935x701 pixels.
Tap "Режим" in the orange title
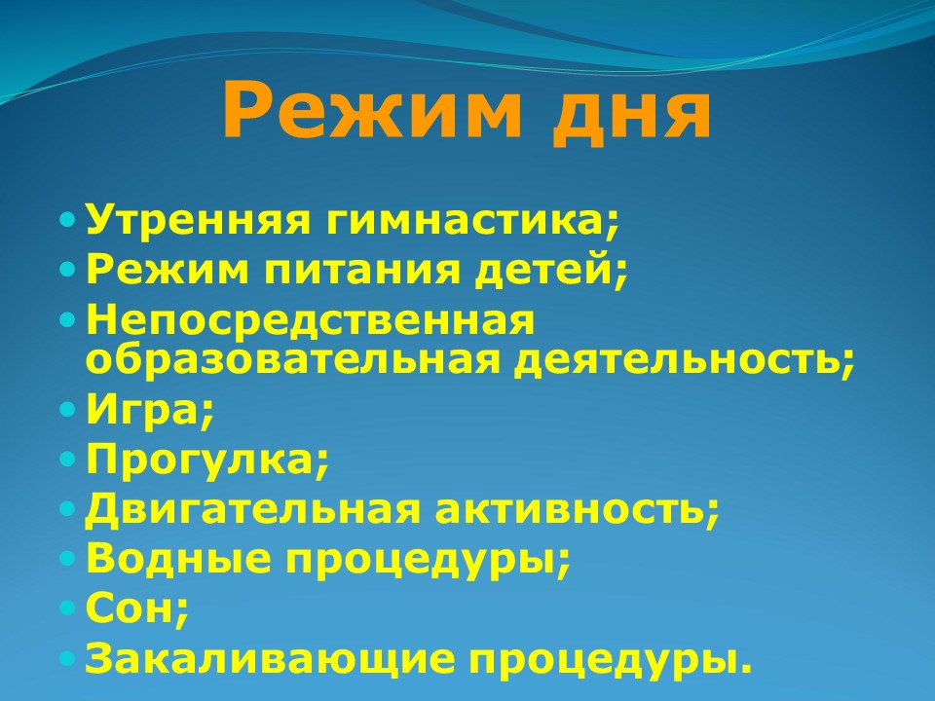(371, 108)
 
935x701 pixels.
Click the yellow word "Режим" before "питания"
(168, 271)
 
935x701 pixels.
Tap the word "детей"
(546, 270)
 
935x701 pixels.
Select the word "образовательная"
(292, 358)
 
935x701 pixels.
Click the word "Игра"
(144, 411)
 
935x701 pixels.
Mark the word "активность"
(570, 509)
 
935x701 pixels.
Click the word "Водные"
(178, 558)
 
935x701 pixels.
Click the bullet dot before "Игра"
(68, 410)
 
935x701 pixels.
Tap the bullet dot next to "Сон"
(68, 608)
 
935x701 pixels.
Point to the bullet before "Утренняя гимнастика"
(68, 221)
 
